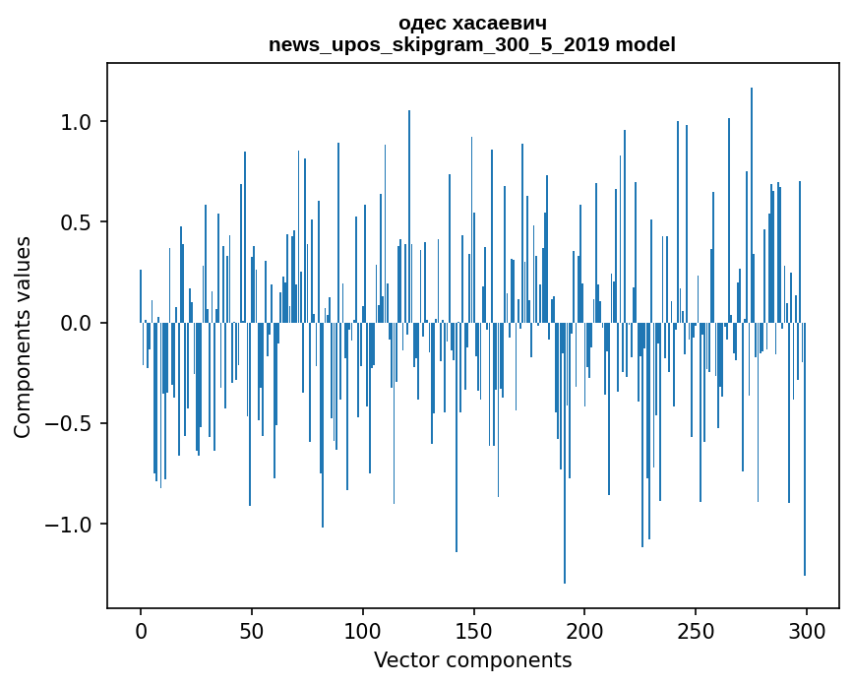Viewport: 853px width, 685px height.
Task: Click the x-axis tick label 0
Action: click(141, 632)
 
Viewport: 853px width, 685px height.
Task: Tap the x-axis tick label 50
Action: click(252, 632)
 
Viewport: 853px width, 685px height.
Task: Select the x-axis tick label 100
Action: click(363, 632)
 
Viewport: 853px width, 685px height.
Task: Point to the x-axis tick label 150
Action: click(474, 632)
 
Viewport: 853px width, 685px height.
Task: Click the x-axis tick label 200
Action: click(584, 632)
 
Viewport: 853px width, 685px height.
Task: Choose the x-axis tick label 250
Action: click(696, 632)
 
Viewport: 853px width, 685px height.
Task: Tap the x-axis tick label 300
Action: click(807, 632)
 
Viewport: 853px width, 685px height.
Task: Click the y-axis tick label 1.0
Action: click(77, 122)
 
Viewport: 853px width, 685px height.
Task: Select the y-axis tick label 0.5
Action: click(77, 222)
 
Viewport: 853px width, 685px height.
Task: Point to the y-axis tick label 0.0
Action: click(77, 323)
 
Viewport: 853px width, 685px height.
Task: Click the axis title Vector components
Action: click(472, 660)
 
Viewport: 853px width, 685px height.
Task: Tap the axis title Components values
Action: click(23, 337)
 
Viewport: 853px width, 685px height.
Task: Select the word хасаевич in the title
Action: click(502, 23)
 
